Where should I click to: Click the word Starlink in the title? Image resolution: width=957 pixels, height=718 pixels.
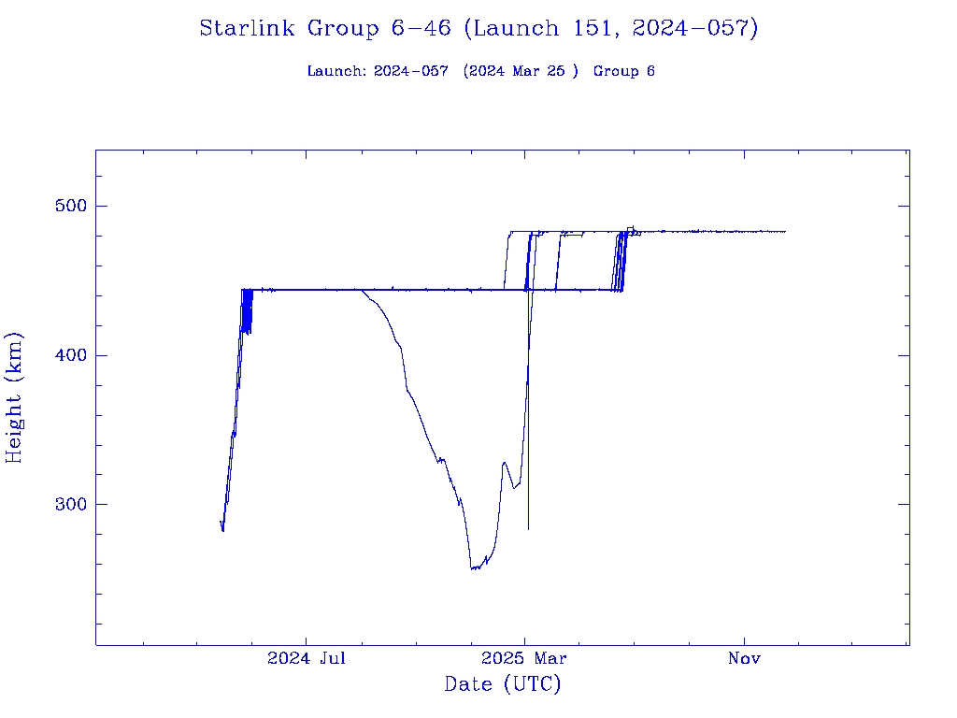[249, 29]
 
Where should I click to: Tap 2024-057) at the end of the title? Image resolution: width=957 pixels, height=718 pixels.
[694, 29]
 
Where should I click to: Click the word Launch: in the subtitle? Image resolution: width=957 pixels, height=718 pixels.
[336, 72]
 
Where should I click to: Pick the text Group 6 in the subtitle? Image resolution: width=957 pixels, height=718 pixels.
[623, 72]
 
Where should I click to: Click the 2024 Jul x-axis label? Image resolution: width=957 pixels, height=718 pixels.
[307, 659]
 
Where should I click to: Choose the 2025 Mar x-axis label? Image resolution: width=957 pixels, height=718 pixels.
[525, 659]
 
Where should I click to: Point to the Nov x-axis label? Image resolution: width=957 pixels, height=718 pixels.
[745, 659]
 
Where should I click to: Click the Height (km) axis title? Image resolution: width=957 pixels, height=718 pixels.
[15, 397]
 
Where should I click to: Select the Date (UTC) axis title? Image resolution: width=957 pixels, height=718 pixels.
[503, 685]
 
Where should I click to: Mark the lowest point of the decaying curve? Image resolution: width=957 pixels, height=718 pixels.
[473, 568]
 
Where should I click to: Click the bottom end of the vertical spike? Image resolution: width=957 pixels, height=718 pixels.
[529, 529]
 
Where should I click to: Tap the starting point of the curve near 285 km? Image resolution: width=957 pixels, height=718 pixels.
[221, 522]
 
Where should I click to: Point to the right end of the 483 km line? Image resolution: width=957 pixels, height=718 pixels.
[785, 231]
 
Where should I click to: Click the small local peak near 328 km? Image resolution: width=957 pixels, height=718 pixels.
[505, 462]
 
